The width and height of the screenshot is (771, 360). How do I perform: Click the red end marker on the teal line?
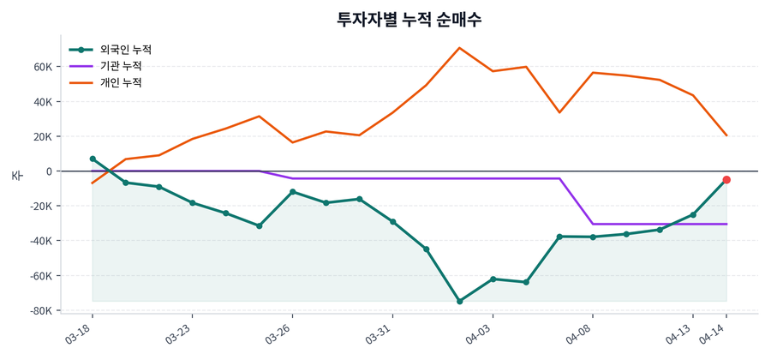[726, 179]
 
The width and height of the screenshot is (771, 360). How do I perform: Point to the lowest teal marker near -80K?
[459, 302]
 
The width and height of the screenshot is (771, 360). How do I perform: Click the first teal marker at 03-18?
[93, 159]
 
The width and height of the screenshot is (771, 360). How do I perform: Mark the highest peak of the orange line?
[459, 48]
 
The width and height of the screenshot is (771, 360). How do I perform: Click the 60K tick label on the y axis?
[43, 67]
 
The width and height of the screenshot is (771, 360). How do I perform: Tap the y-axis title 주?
[16, 176]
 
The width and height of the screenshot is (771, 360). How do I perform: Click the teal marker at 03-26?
[293, 191]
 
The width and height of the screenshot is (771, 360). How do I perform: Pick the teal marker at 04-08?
[593, 237]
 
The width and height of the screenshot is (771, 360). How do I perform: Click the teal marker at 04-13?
[693, 214]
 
